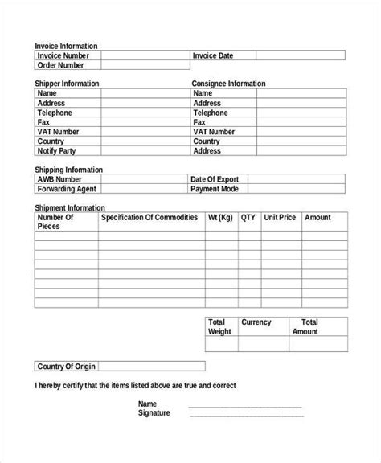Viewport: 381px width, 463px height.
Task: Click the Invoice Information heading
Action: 66,47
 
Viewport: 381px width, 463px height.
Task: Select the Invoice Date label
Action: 213,55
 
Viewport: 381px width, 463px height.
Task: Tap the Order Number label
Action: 61,65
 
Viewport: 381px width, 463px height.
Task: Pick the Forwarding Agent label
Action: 67,189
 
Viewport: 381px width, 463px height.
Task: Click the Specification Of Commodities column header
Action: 150,218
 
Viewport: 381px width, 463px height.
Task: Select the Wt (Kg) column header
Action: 220,218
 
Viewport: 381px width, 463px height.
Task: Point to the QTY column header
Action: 248,218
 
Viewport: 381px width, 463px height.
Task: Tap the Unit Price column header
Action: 280,218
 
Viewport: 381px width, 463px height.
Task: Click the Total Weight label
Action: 219,326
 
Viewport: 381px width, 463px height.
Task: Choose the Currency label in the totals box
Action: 256,322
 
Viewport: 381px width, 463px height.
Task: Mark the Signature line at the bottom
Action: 245,415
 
